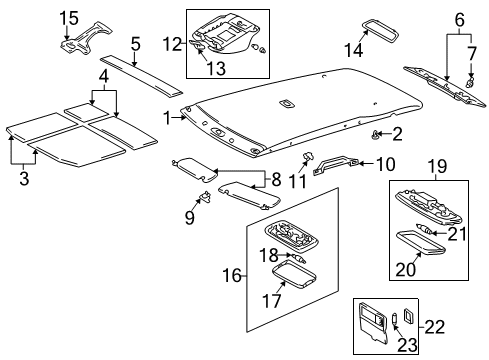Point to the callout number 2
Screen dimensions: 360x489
coord(397,133)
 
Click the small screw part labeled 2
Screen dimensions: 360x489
coord(376,134)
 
